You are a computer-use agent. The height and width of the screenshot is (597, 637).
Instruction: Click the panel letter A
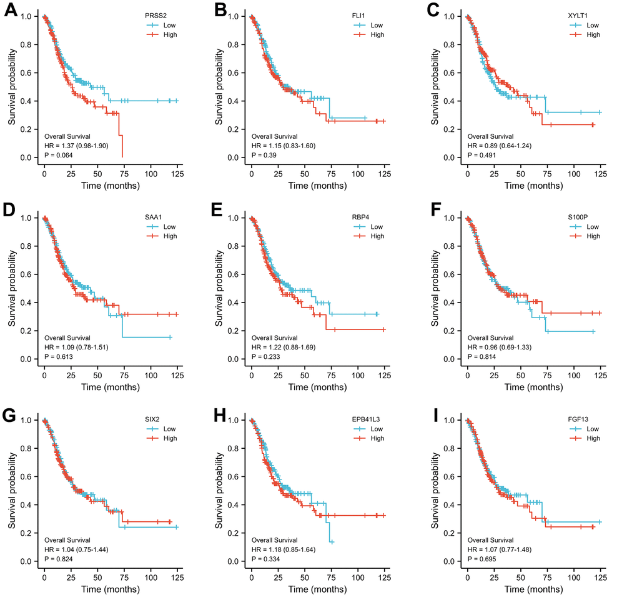tap(11, 11)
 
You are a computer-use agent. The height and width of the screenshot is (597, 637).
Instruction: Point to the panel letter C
tap(429, 11)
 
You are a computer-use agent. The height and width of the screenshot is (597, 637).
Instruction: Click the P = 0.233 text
tap(267, 357)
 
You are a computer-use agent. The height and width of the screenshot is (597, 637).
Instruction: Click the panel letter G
tap(11, 414)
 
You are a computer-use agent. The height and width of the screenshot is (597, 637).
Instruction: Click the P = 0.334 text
tap(267, 559)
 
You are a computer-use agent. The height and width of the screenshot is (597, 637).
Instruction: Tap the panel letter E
tap(219, 213)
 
